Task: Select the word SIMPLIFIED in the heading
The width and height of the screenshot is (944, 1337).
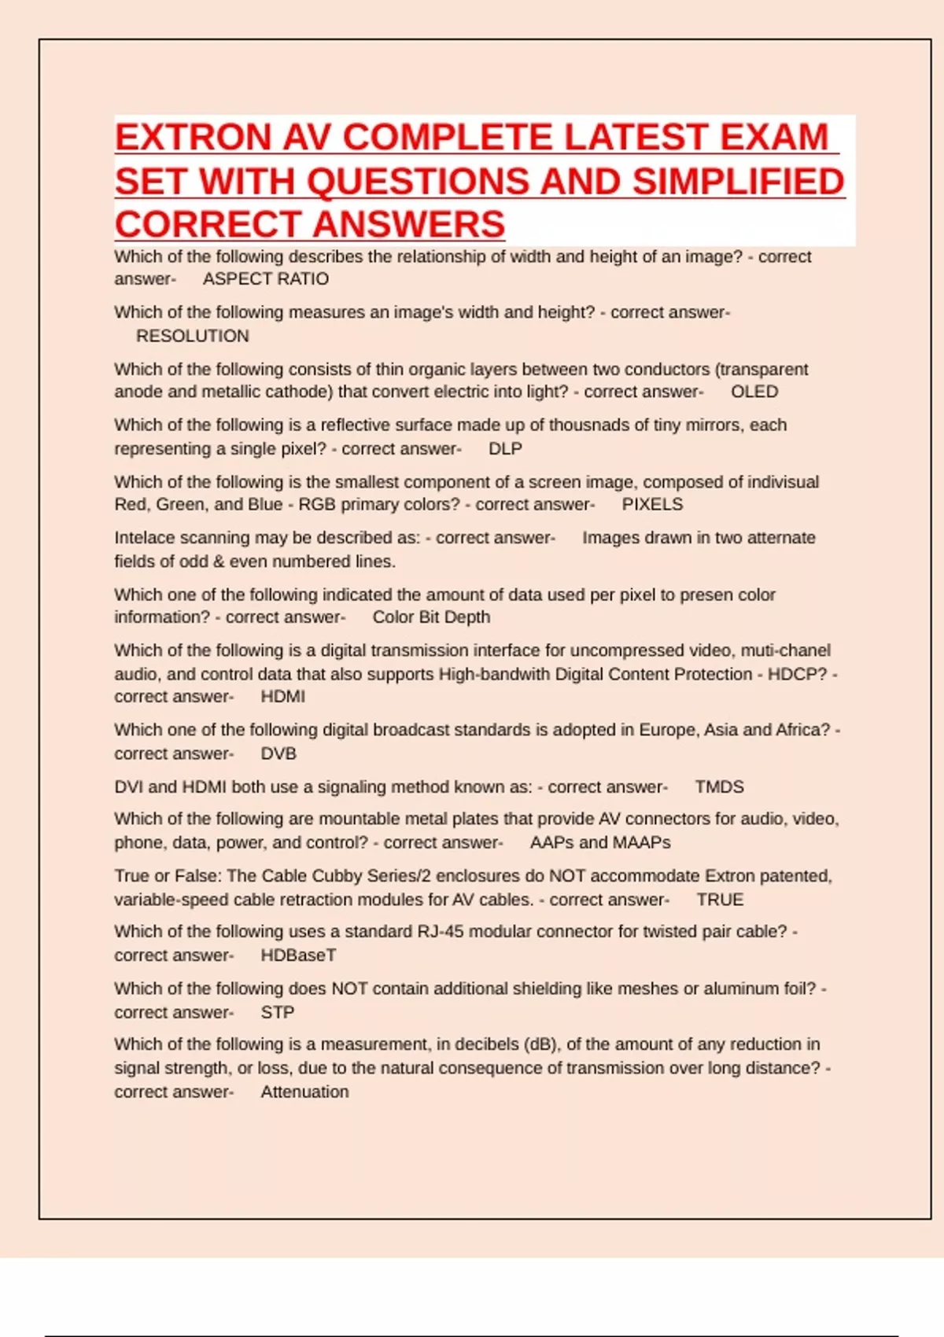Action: [x=739, y=182]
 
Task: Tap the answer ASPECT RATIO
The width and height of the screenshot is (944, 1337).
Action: [x=266, y=279]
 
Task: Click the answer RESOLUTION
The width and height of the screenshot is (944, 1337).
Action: [x=193, y=336]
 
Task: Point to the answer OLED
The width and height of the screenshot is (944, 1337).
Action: [x=754, y=392]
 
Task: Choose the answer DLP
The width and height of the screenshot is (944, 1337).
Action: [x=505, y=448]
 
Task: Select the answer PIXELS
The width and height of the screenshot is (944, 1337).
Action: [x=652, y=504]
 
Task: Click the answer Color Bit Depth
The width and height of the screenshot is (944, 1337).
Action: [x=431, y=617]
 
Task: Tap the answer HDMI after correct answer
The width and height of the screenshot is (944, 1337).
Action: [x=283, y=697]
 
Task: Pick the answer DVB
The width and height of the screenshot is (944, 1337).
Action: [x=278, y=753]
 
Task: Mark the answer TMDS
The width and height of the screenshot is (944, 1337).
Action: [x=719, y=786]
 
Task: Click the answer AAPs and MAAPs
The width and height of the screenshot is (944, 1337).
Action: [x=600, y=842]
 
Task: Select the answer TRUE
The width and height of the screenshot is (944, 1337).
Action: [x=720, y=900]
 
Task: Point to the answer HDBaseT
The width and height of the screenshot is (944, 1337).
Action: [x=298, y=956]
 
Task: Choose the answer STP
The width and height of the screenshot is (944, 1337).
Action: [x=278, y=1012]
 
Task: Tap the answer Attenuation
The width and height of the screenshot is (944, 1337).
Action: [x=304, y=1092]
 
